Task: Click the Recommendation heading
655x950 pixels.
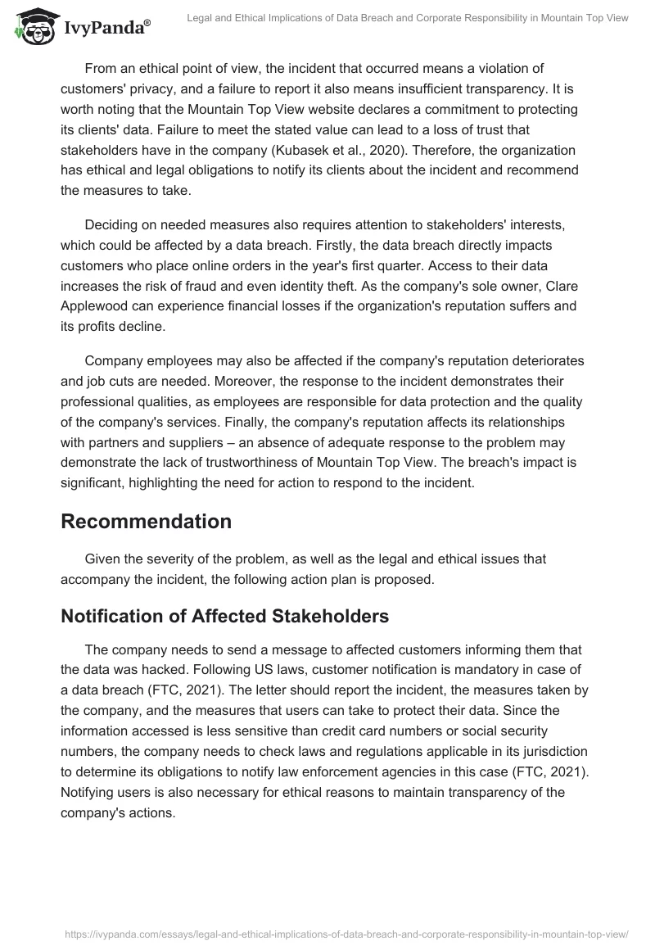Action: click(146, 521)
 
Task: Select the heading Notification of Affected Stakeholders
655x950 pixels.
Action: click(224, 617)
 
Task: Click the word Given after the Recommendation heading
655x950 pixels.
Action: click(105, 559)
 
